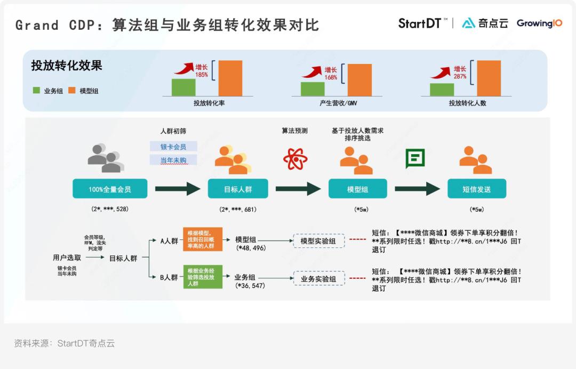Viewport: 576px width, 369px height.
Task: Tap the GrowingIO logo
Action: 539,23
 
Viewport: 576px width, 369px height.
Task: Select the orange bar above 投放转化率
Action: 230,78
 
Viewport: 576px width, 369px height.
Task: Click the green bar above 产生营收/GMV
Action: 313,89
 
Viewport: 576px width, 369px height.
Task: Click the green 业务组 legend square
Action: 36,91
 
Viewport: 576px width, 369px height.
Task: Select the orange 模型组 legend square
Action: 72,91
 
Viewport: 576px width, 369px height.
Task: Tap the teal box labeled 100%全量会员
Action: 110,189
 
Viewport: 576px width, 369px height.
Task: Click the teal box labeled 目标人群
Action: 238,189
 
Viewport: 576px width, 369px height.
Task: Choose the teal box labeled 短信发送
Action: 477,189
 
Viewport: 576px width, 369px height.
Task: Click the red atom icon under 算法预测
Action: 295,158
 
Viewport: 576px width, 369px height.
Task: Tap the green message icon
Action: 415,158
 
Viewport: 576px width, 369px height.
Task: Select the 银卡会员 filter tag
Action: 173,147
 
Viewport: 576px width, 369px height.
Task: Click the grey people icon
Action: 106,158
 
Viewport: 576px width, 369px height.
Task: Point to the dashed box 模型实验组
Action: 318,241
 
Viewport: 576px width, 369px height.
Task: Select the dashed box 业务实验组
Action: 318,278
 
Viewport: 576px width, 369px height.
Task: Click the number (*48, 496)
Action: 251,248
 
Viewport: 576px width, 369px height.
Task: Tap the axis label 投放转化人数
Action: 467,103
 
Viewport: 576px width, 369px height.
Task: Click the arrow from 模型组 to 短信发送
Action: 418,189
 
